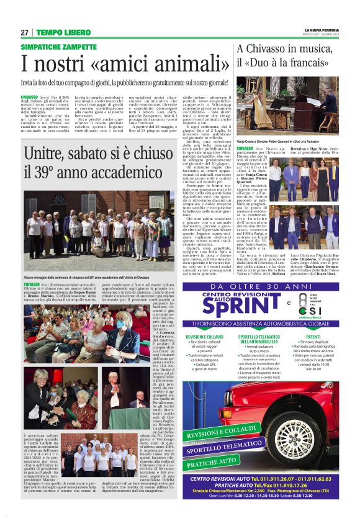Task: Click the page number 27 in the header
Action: pyautogui.click(x=24, y=32)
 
